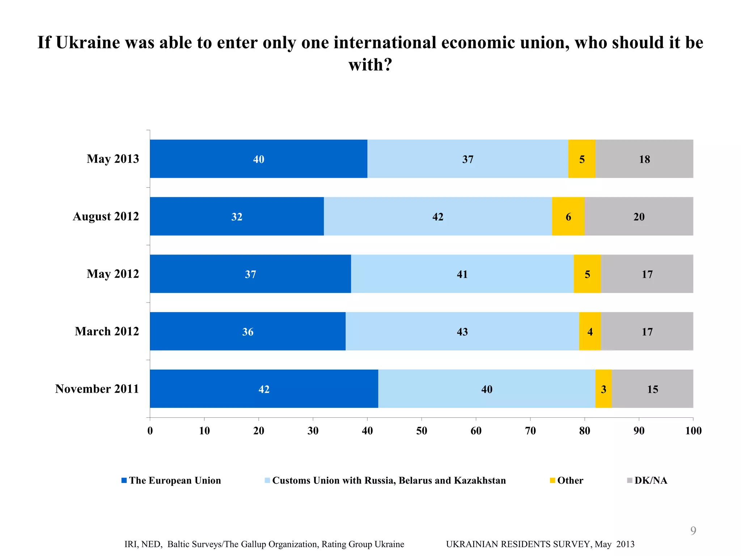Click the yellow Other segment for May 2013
581,159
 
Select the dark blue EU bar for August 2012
237,216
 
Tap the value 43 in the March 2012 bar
462,332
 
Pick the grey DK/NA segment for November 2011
652,389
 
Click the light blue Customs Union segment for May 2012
462,274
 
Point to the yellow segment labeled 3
603,389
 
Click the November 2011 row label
97,389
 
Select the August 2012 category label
106,216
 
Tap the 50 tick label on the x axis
422,431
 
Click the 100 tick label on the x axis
693,431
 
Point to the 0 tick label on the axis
150,431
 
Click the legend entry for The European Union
175,480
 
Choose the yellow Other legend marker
552,480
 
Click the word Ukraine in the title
88,43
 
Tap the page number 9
693,530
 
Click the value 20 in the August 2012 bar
639,216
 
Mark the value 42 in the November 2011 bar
264,389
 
